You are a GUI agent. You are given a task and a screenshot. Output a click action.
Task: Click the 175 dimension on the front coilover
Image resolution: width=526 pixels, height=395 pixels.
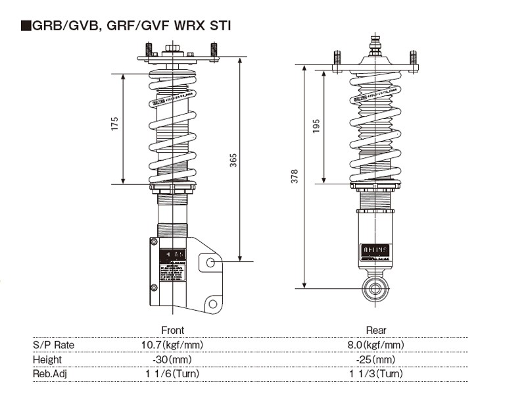coord(114,124)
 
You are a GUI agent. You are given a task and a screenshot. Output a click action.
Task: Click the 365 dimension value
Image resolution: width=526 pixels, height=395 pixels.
coord(233,160)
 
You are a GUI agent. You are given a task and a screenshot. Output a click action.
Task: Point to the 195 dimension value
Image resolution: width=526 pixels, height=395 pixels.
coord(316,126)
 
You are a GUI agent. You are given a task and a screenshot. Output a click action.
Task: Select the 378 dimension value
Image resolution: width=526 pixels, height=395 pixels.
coord(295,176)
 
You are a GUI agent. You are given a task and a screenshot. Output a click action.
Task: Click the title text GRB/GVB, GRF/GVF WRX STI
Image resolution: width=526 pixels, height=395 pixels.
coord(131,26)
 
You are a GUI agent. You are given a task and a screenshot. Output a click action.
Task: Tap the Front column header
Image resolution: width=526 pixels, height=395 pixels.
coord(172,330)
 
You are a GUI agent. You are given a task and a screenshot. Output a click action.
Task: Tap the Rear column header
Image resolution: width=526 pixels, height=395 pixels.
coord(376,330)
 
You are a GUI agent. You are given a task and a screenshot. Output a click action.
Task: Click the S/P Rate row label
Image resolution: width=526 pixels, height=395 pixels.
coord(53,345)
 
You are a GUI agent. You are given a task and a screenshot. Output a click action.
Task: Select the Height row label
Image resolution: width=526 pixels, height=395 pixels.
coord(47,359)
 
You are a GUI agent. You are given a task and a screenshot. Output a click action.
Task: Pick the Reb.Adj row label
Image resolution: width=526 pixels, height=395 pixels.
coord(51,374)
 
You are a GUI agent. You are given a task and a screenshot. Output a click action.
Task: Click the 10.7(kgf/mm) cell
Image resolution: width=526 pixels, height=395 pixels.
coord(172,345)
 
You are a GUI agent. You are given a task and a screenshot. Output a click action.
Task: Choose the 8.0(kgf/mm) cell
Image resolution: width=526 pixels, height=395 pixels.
coord(376,345)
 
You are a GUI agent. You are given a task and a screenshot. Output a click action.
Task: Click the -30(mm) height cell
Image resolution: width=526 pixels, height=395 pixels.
coord(172,359)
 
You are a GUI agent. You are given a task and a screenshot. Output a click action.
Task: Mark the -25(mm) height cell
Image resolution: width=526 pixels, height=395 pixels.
coord(376,359)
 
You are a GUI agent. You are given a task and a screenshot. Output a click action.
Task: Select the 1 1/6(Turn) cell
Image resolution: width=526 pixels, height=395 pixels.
coord(172,374)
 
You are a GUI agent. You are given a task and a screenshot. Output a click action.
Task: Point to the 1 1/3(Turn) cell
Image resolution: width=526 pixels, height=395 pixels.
coord(376,374)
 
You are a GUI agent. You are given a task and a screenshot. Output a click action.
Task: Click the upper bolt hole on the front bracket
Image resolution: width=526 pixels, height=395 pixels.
coord(211,263)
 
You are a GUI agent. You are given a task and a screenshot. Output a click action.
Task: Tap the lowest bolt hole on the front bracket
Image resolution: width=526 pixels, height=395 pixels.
coord(211,303)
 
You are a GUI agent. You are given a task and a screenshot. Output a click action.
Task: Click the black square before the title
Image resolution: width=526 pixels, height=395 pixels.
coord(26,27)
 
